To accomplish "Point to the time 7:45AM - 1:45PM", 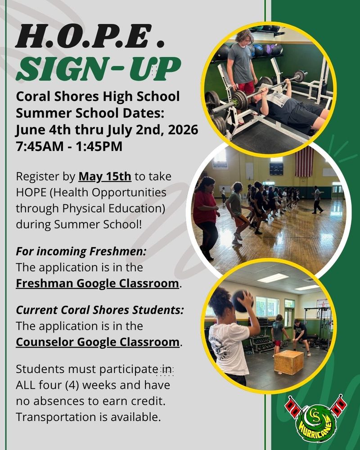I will pos(69,147).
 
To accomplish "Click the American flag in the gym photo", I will pos(304,161).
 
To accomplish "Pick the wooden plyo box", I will pos(288,362).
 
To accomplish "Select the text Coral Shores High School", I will pos(98,96).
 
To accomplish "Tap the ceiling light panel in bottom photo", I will pos(272,278).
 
